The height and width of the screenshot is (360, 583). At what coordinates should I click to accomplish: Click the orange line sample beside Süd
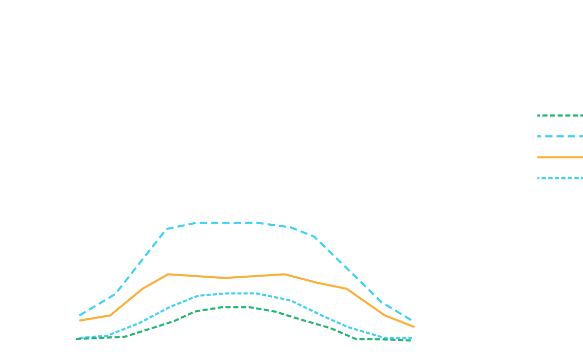click(x=560, y=157)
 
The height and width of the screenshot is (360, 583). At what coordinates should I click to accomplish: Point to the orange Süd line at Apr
click(x=167, y=275)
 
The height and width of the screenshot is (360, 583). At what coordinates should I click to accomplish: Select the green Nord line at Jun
click(x=224, y=307)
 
